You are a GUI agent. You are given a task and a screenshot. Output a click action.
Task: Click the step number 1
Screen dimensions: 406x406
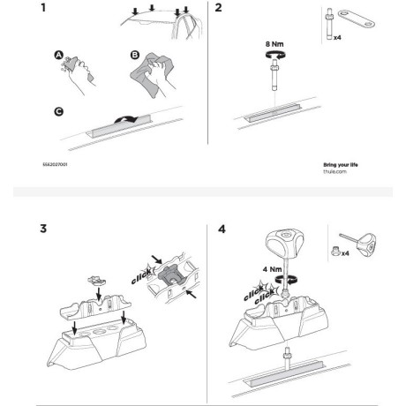[x=44, y=11]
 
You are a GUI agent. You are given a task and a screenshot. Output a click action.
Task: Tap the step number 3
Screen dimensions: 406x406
[x=44, y=230]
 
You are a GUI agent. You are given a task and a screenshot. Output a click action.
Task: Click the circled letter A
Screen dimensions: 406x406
[x=58, y=54]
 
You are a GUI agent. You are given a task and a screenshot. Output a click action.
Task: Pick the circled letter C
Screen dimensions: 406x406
[x=57, y=112]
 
